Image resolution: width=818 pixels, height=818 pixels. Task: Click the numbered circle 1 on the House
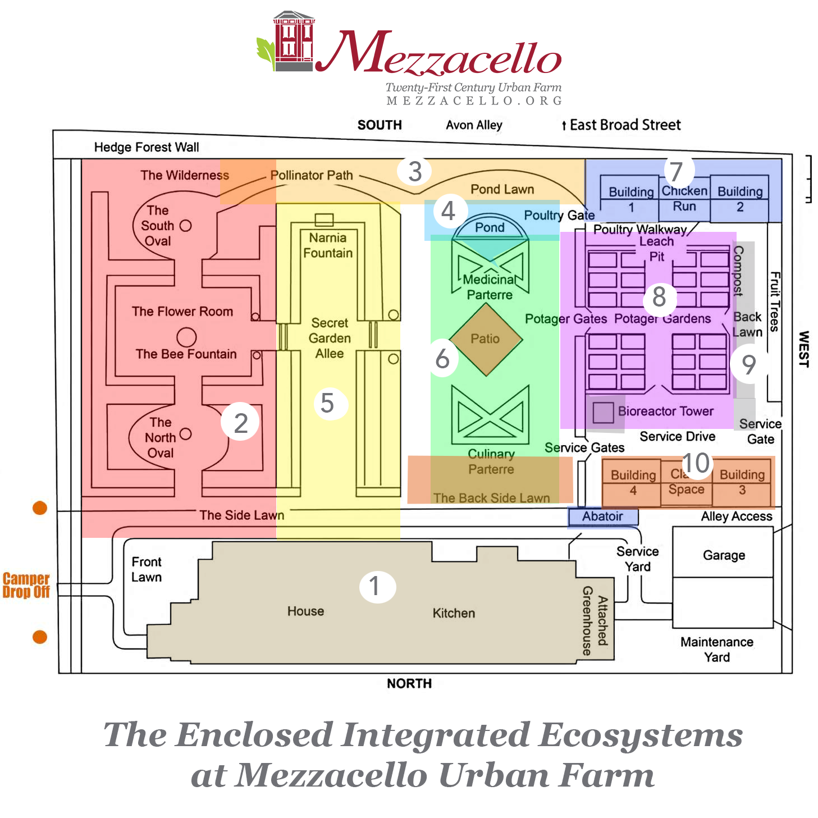[377, 587]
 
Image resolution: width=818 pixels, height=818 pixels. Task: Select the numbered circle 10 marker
[696, 464]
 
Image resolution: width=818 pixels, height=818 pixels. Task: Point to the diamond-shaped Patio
[486, 339]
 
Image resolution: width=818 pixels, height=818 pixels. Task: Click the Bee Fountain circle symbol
[186, 337]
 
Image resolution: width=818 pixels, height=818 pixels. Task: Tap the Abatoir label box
[602, 517]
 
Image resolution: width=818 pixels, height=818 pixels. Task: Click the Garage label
[724, 555]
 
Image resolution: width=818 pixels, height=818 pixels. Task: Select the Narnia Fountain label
[328, 245]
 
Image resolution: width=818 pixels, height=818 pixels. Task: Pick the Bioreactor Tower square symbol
[603, 413]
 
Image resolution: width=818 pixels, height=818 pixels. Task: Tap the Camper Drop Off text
[26, 585]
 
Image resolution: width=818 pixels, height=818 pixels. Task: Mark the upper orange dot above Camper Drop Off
[40, 508]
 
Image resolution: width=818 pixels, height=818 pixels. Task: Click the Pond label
[490, 227]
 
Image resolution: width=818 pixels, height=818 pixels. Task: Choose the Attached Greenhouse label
[595, 620]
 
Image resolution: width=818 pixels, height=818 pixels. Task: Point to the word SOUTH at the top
[380, 125]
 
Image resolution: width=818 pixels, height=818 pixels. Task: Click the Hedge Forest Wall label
[147, 147]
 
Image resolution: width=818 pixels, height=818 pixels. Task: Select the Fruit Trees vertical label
[775, 301]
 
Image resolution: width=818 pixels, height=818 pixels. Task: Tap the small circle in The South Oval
[186, 226]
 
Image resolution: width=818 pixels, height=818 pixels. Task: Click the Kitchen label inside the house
[454, 613]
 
